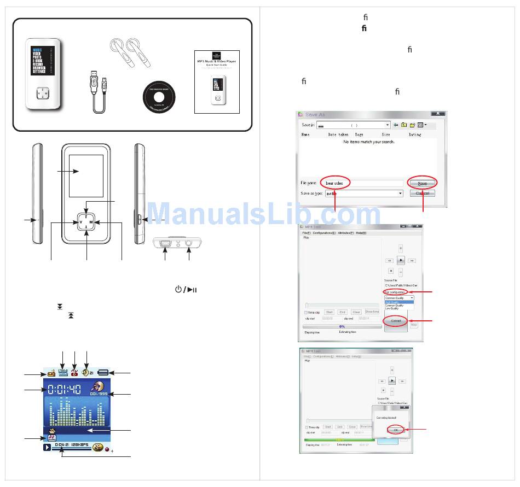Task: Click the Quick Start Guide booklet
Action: pos(218,81)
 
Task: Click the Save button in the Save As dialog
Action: pos(423,183)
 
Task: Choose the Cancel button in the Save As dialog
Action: pos(423,193)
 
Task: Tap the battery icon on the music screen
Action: pos(103,373)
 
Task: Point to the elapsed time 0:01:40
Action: pos(64,390)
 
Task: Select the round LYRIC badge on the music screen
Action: pos(98,447)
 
